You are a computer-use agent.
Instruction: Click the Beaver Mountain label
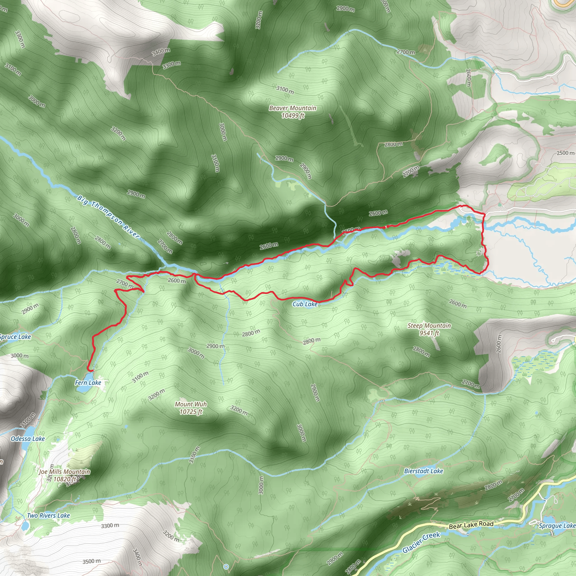(292, 111)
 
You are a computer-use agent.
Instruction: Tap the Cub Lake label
(305, 304)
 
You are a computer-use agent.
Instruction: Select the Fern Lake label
(88, 382)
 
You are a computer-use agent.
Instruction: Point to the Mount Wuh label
(191, 408)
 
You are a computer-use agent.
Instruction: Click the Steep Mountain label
(429, 329)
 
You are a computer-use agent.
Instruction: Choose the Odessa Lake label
(28, 438)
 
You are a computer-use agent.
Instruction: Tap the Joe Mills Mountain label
(64, 475)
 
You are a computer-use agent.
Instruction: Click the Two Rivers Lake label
(48, 516)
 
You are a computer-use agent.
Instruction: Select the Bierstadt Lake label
(423, 471)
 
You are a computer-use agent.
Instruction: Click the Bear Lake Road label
(471, 525)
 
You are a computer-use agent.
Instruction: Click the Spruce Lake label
(15, 337)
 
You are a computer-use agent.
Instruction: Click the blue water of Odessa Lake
(30, 431)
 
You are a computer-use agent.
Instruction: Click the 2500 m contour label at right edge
(565, 153)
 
